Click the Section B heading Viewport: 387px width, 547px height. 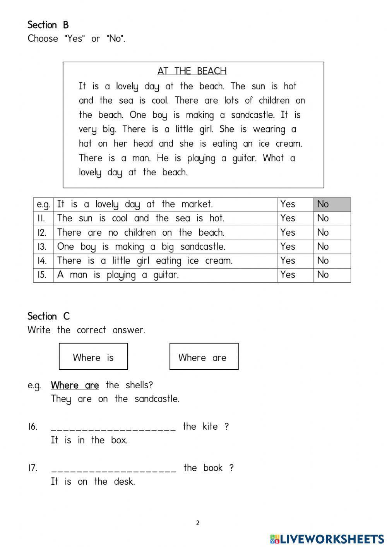click(48, 25)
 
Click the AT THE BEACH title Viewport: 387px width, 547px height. click(192, 71)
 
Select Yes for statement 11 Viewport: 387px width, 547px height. click(288, 218)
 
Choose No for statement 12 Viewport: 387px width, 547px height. click(323, 233)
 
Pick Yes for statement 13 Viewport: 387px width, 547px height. click(288, 247)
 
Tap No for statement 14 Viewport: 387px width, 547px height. click(323, 261)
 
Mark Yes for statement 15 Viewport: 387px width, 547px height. click(288, 275)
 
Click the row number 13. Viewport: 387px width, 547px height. click(42, 247)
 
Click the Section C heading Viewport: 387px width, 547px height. click(48, 317)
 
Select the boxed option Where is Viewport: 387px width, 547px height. click(93, 357)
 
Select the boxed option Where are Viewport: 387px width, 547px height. click(204, 357)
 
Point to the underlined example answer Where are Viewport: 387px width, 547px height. click(75, 386)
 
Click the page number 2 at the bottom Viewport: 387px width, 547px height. click(198, 523)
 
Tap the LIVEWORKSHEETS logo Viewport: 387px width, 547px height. click(327, 538)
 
